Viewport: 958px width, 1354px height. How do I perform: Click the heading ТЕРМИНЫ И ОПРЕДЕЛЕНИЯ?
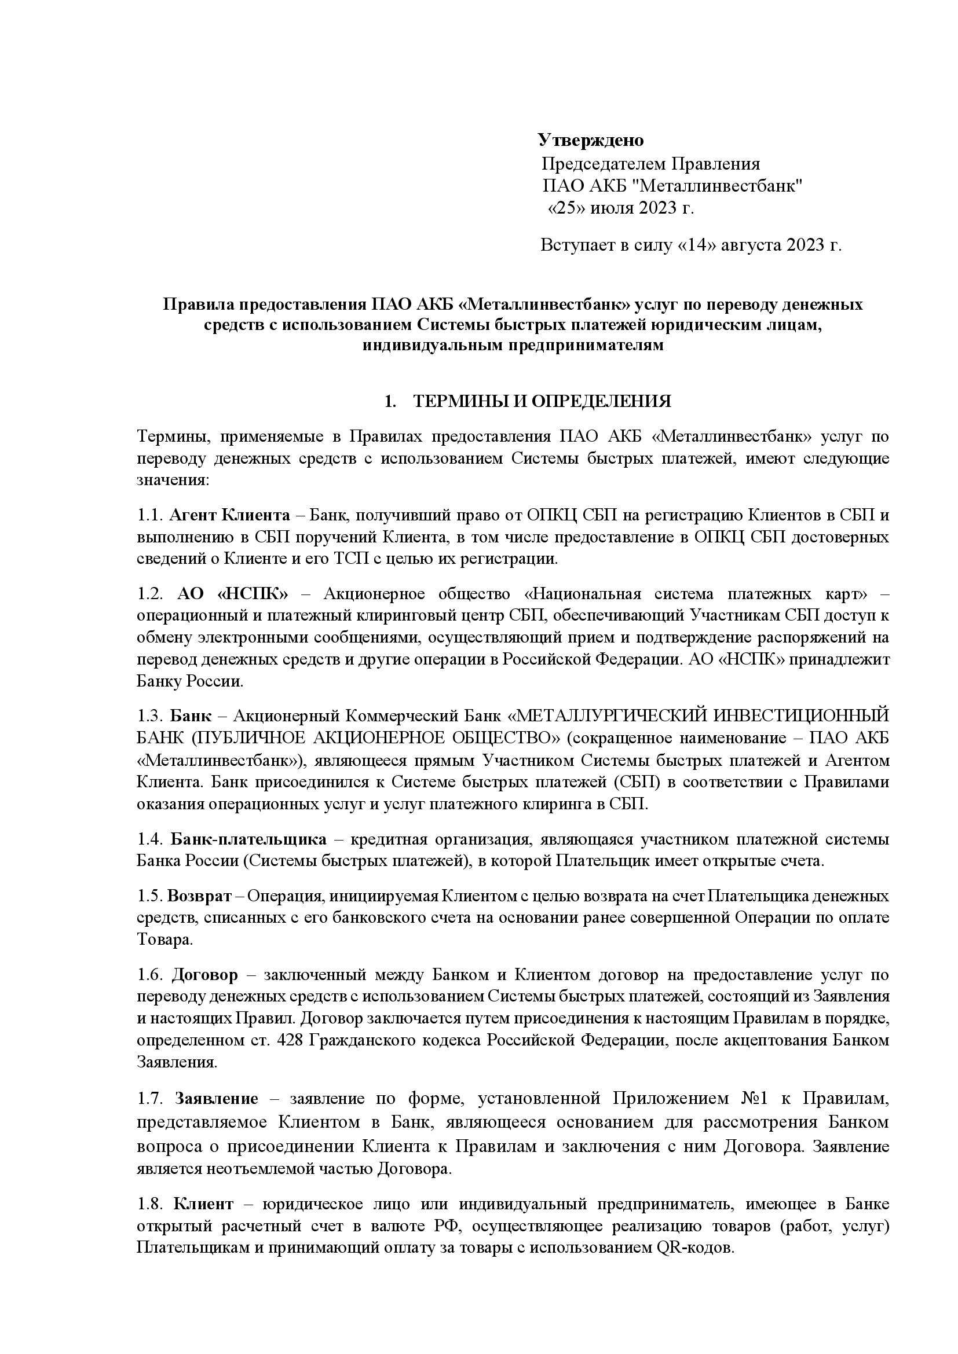pyautogui.click(x=542, y=402)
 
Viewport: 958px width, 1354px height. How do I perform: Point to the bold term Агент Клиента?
pyautogui.click(x=229, y=515)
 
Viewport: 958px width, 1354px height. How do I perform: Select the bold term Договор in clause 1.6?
pyautogui.click(x=204, y=975)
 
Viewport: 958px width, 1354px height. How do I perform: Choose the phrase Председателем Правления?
pyautogui.click(x=650, y=163)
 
